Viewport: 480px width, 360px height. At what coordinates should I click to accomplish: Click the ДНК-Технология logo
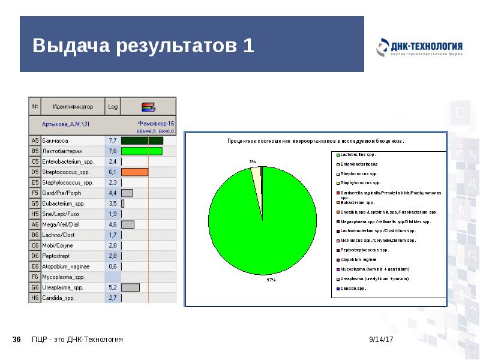point(419,47)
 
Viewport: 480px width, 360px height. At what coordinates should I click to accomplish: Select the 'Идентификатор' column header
point(73,107)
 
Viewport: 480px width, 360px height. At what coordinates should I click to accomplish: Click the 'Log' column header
point(113,107)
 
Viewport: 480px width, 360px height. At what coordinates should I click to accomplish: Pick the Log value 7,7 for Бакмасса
point(112,140)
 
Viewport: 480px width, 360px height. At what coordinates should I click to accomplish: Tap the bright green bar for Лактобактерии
point(142,151)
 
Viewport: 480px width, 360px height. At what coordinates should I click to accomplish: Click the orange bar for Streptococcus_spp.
point(134,172)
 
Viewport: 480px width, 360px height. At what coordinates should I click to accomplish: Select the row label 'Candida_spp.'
point(58,298)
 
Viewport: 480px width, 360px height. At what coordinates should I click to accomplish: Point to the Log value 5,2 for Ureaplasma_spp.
point(112,288)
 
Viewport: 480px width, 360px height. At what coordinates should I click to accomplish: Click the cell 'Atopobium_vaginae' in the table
point(66,266)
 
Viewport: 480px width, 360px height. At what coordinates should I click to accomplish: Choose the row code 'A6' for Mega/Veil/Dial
point(35,224)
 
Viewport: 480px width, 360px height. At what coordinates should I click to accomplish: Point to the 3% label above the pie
point(253,162)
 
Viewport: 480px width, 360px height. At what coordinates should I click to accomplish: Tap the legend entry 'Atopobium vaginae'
point(359,260)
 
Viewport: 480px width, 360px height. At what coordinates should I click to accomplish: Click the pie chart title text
point(316,142)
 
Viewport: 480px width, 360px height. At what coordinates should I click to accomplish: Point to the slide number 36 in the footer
point(17,340)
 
